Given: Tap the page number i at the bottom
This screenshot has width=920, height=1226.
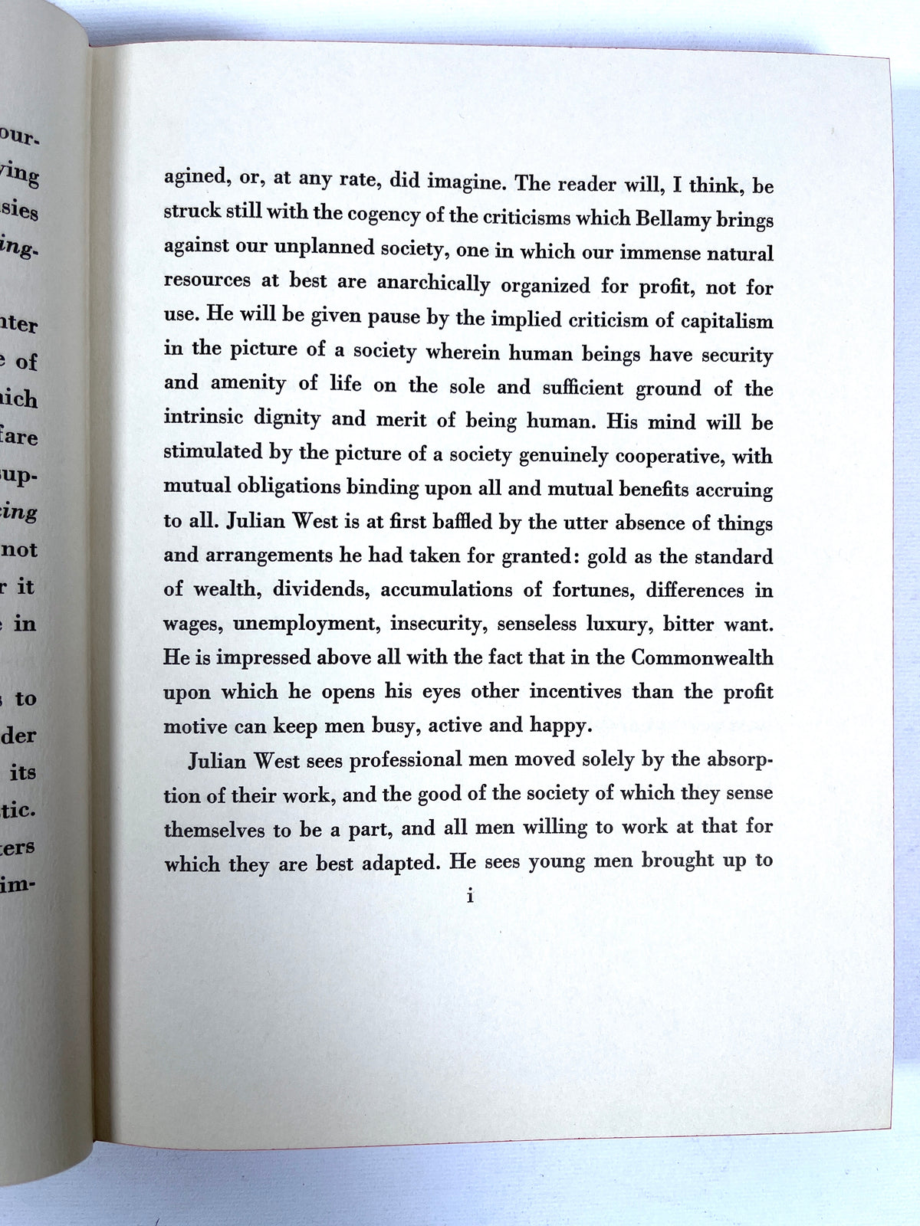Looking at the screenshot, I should [x=470, y=895].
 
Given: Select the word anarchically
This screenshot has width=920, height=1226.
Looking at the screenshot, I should [x=433, y=284].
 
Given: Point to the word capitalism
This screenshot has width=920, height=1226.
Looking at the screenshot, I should [x=714, y=320].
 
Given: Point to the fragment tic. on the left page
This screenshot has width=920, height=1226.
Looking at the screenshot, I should [x=20, y=810].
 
